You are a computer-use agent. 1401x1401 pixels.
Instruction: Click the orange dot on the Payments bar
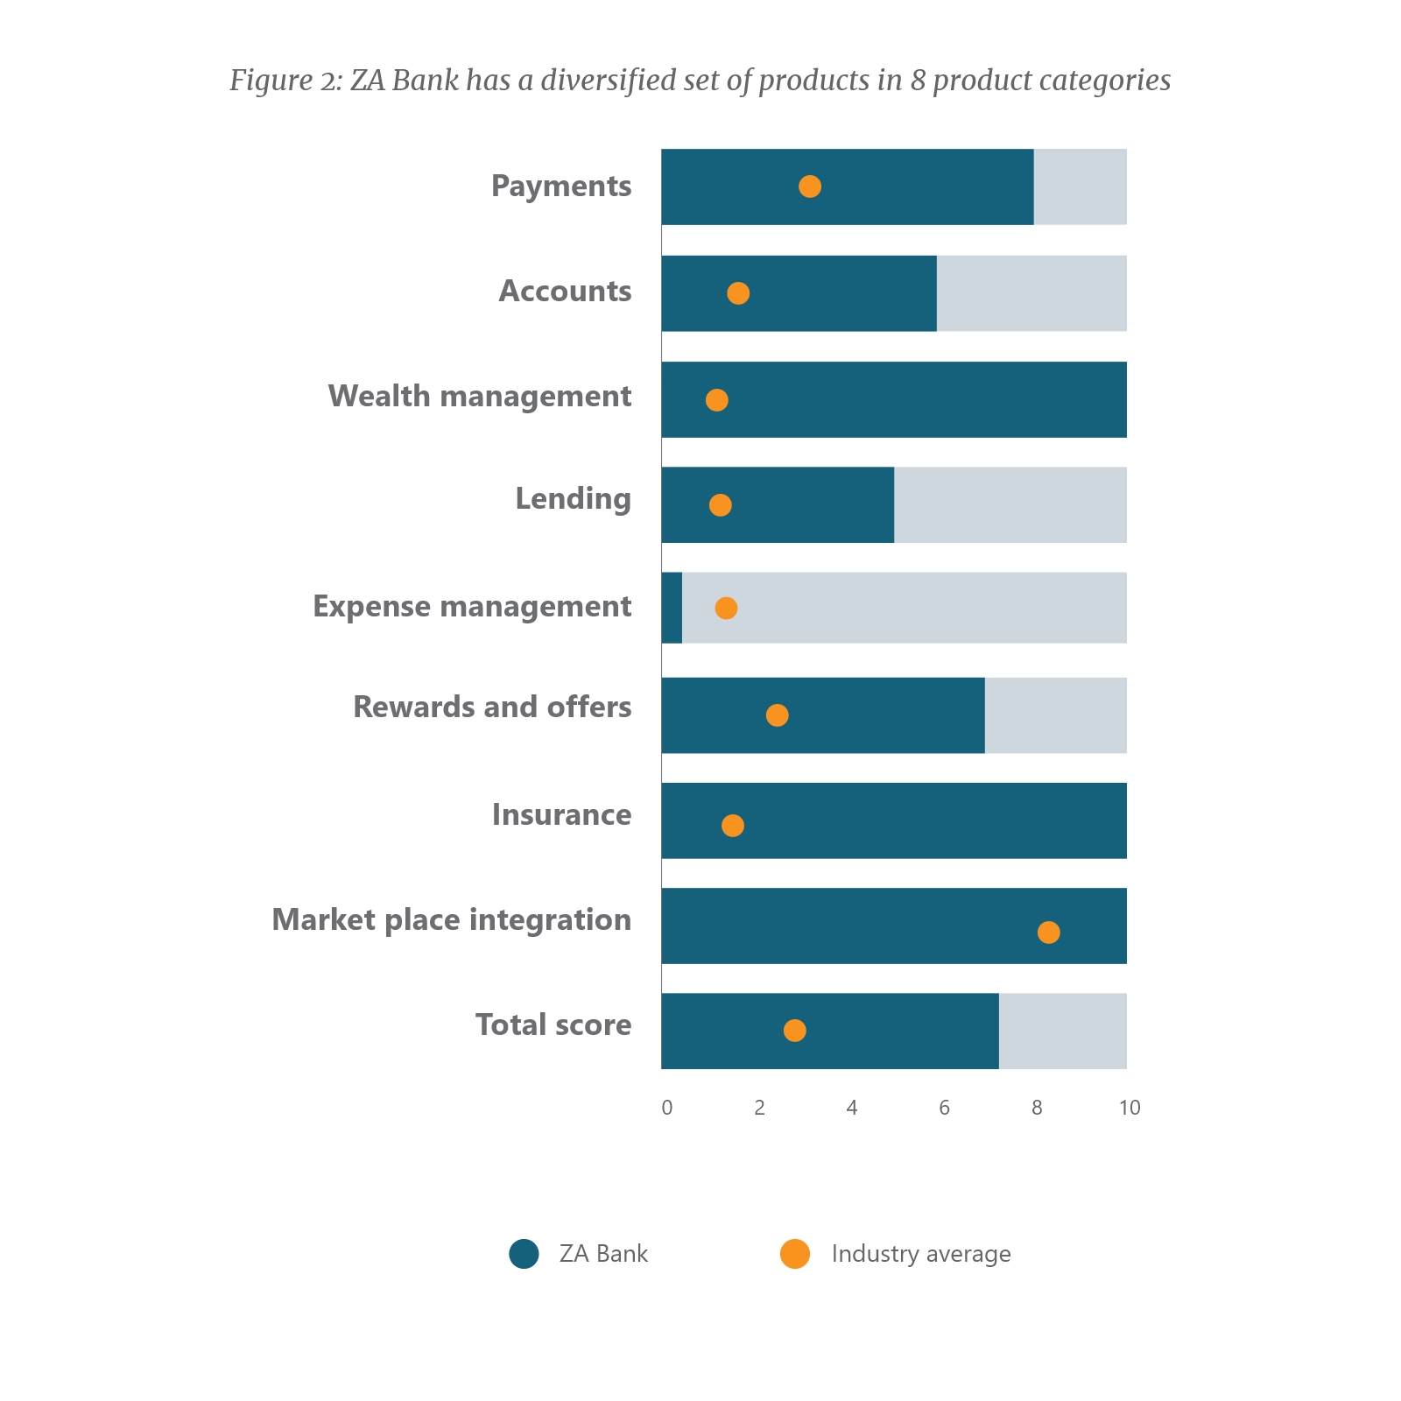point(810,187)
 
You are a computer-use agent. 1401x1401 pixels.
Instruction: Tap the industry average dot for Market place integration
point(1048,933)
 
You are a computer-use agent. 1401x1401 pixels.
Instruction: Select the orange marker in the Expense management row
point(726,608)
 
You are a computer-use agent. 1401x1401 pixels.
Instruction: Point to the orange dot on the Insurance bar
point(733,826)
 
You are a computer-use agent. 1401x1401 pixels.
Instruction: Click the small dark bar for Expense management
point(672,608)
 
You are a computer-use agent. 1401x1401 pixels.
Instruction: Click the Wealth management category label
point(479,397)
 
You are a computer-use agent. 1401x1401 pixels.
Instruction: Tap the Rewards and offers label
point(491,708)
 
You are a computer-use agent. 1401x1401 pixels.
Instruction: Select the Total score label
point(553,1025)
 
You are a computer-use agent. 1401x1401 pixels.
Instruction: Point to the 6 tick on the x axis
point(944,1108)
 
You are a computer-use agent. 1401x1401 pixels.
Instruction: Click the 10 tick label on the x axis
point(1130,1108)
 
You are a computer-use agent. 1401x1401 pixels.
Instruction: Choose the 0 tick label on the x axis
point(667,1108)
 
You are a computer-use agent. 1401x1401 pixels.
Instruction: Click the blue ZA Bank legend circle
point(524,1254)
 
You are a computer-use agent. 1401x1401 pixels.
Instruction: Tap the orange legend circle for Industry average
point(795,1254)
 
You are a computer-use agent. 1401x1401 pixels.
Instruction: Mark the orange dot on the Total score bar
point(794,1031)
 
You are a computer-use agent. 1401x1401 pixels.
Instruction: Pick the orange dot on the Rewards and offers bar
point(777,715)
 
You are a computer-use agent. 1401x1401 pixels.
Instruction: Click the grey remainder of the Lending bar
point(1010,505)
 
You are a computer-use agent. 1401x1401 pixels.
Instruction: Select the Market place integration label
point(451,920)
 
